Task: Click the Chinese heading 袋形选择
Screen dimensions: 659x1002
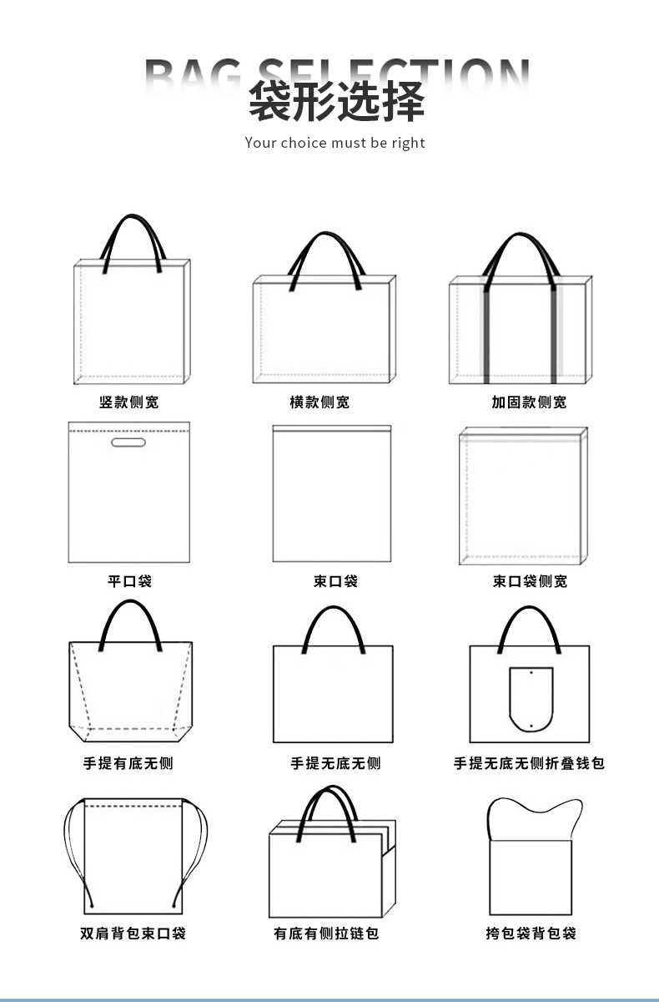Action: point(336,103)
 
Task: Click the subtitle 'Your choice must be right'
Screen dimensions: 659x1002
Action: point(335,143)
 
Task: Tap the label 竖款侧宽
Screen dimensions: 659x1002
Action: point(128,402)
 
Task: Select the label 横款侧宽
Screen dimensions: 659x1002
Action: point(319,402)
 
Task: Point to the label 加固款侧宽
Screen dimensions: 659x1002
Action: point(529,402)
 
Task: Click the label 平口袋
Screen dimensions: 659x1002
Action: point(129,581)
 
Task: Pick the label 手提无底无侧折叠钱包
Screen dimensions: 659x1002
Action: point(529,763)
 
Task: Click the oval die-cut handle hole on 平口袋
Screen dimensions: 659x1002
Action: point(128,442)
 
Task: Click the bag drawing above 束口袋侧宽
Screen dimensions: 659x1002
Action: point(522,496)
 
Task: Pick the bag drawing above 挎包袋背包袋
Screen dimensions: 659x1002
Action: point(531,868)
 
